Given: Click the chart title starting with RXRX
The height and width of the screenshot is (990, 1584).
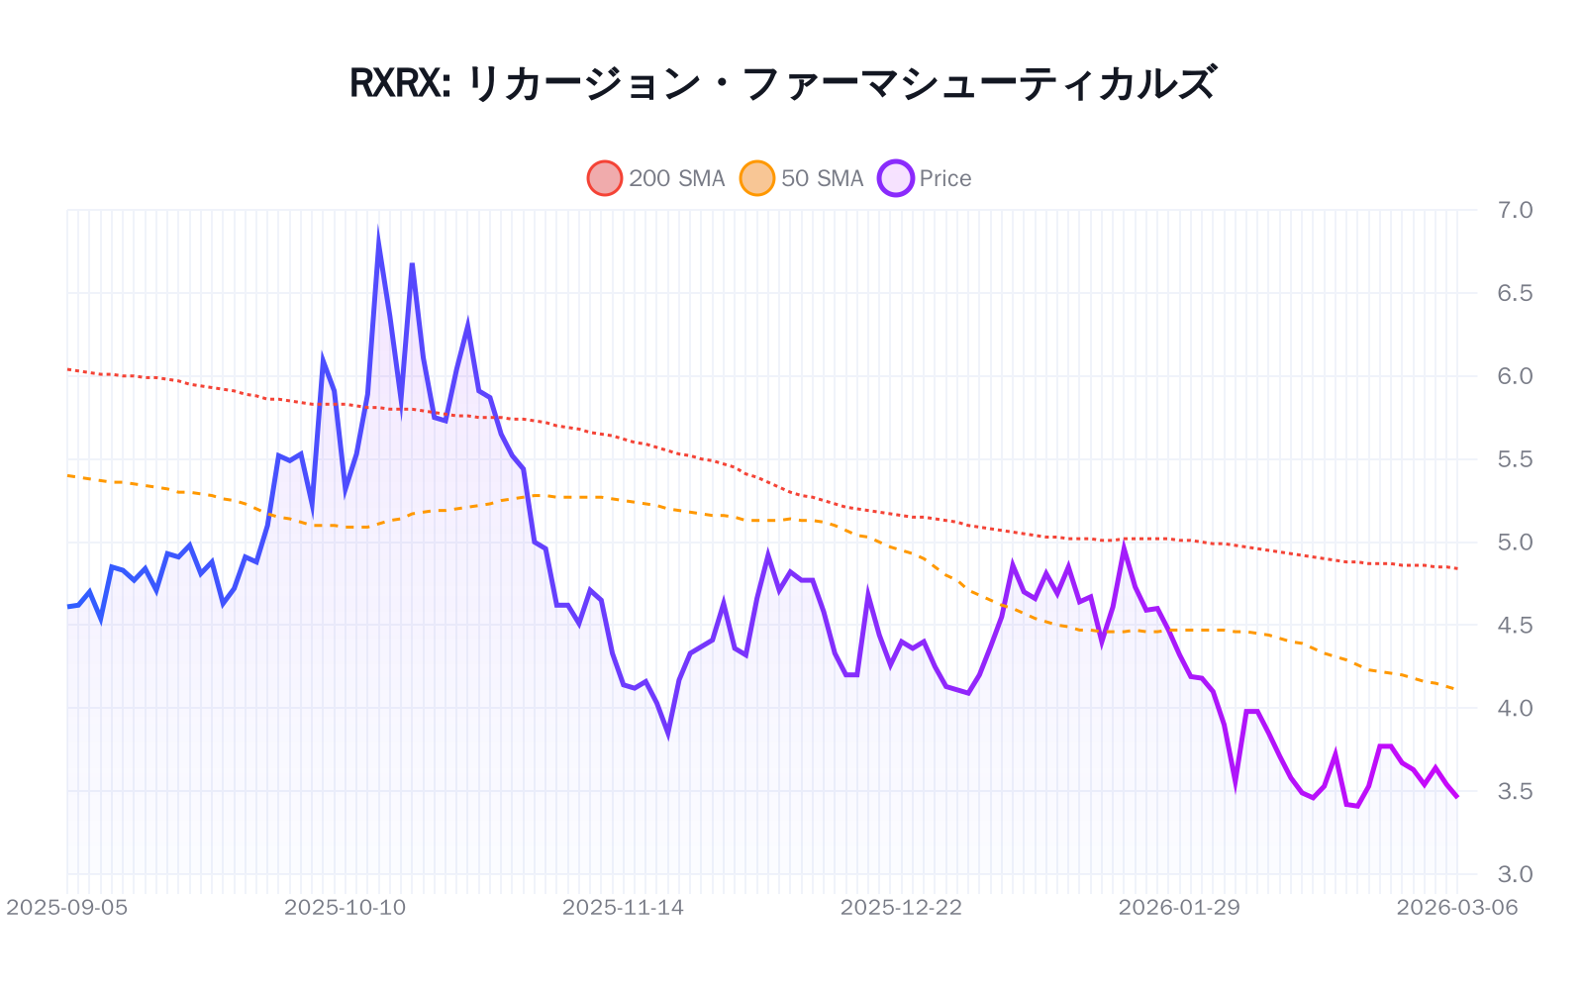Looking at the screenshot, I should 782,83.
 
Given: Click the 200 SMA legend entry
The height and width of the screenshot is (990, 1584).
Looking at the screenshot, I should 656,178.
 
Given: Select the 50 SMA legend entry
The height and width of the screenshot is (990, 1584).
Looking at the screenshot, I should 802,178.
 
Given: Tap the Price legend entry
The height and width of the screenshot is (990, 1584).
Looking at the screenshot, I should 925,178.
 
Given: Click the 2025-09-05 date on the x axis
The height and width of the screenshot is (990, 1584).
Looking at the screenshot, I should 66,908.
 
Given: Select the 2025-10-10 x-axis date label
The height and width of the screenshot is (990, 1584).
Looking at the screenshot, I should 345,908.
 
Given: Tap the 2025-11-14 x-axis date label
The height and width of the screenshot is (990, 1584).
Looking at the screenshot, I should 623,908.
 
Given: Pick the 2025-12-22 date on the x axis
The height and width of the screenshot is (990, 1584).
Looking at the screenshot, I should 901,908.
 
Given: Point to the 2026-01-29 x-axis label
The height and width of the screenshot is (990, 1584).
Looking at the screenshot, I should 1179,908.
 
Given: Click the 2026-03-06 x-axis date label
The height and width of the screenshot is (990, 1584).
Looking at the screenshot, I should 1456,908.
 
